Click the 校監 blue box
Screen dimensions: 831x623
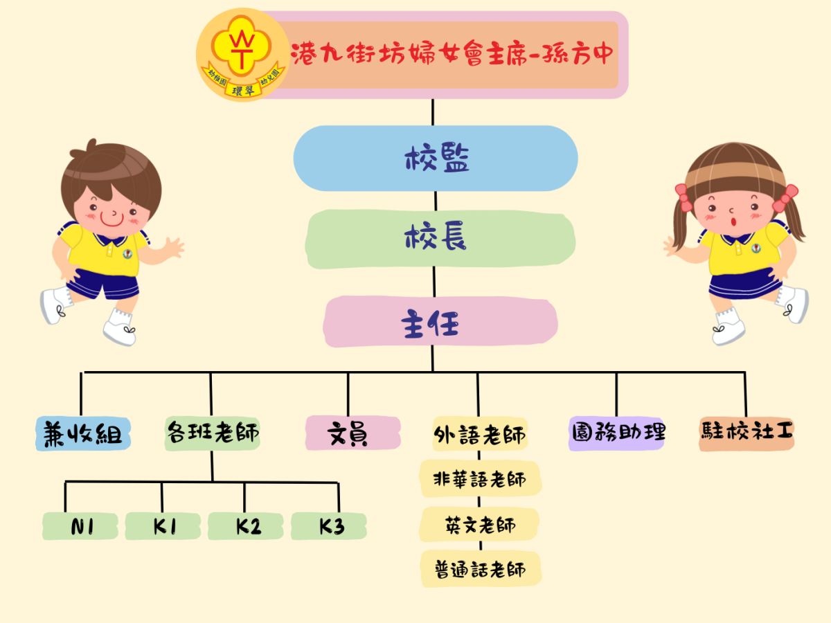point(436,158)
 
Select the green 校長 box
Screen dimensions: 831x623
point(440,239)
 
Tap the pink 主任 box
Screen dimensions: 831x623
point(440,321)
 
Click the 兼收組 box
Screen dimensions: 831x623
point(83,433)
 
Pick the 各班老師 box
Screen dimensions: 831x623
point(213,433)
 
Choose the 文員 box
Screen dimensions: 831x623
point(353,433)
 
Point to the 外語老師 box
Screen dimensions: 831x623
point(480,434)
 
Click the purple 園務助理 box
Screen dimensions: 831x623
point(616,433)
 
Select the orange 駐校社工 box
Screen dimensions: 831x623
point(747,434)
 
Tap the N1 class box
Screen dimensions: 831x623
point(80,526)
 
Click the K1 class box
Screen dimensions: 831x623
point(163,526)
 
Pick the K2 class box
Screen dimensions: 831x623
point(246,526)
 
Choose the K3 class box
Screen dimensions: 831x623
point(329,526)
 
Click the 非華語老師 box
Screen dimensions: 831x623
point(481,478)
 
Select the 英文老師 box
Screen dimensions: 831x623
point(479,524)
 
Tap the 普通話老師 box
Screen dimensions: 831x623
point(481,569)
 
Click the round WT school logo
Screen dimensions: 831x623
point(243,55)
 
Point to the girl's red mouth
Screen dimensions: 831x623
point(733,222)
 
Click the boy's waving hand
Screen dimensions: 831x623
point(174,246)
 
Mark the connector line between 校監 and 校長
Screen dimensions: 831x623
point(436,201)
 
